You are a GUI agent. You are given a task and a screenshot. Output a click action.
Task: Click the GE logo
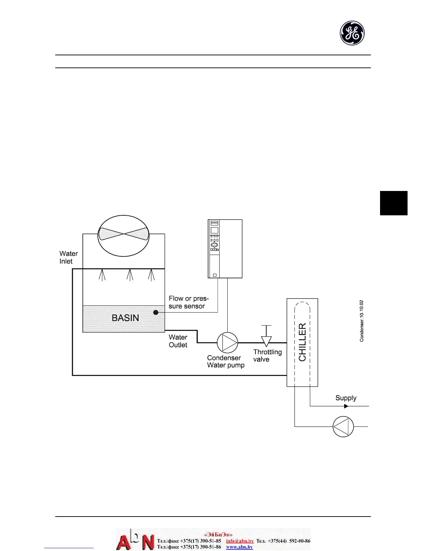tap(352, 33)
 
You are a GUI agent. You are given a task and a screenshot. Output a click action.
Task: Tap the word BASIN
tap(125, 318)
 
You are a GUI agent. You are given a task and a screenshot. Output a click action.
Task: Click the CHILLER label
tap(302, 342)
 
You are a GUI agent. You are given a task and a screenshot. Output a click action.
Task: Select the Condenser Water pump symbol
tap(227, 343)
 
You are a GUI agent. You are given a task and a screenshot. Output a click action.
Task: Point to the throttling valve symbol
tap(266, 340)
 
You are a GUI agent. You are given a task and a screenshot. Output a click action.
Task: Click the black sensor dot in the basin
tap(156, 312)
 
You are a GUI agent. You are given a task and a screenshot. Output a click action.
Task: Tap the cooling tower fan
tap(124, 235)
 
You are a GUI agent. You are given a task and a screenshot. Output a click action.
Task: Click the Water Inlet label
tap(68, 257)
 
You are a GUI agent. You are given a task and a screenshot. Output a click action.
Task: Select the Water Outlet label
tap(178, 341)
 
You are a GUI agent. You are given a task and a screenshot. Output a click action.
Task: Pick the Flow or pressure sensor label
tap(188, 302)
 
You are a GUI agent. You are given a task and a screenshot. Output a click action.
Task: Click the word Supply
tap(346, 398)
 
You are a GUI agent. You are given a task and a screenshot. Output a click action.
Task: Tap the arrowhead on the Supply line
tap(346, 406)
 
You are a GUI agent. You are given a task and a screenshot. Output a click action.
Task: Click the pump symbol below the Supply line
tap(343, 426)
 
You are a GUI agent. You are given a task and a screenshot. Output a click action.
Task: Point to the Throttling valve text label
tap(267, 356)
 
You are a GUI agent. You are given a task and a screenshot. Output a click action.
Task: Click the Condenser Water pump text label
tap(226, 361)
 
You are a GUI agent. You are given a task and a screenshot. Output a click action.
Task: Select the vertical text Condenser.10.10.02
tap(362, 321)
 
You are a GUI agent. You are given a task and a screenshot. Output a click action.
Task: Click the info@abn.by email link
tap(240, 541)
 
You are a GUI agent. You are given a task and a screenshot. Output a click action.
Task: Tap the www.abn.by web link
tap(239, 547)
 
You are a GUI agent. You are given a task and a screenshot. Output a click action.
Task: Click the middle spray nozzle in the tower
tap(130, 275)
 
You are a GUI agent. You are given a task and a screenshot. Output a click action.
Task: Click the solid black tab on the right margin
tap(394, 203)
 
